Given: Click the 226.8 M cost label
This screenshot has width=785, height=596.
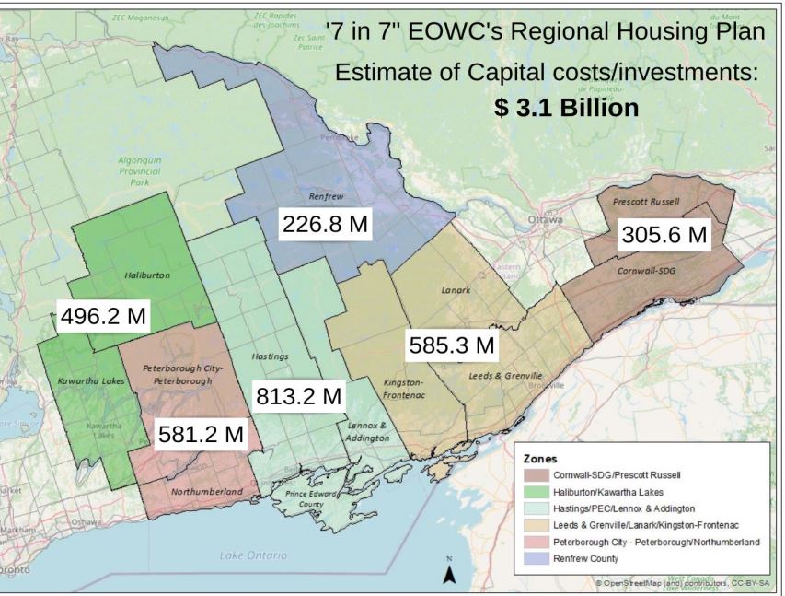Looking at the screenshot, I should click(x=325, y=224).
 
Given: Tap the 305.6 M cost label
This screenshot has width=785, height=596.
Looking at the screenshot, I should click(x=664, y=235).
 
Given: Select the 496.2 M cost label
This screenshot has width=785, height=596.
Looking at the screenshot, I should click(x=102, y=316).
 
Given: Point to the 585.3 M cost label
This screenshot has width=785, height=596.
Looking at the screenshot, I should click(x=452, y=346).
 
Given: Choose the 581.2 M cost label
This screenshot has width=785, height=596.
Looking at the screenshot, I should click(x=200, y=432).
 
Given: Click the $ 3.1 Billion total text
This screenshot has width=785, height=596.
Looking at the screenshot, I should click(x=565, y=108).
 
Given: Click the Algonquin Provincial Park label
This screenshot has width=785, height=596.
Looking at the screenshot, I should click(x=140, y=170).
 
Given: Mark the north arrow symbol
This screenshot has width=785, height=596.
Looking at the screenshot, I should click(x=449, y=572).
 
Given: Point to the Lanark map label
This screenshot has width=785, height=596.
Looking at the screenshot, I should click(x=455, y=291).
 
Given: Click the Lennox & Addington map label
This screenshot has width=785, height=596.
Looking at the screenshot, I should click(x=368, y=432).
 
